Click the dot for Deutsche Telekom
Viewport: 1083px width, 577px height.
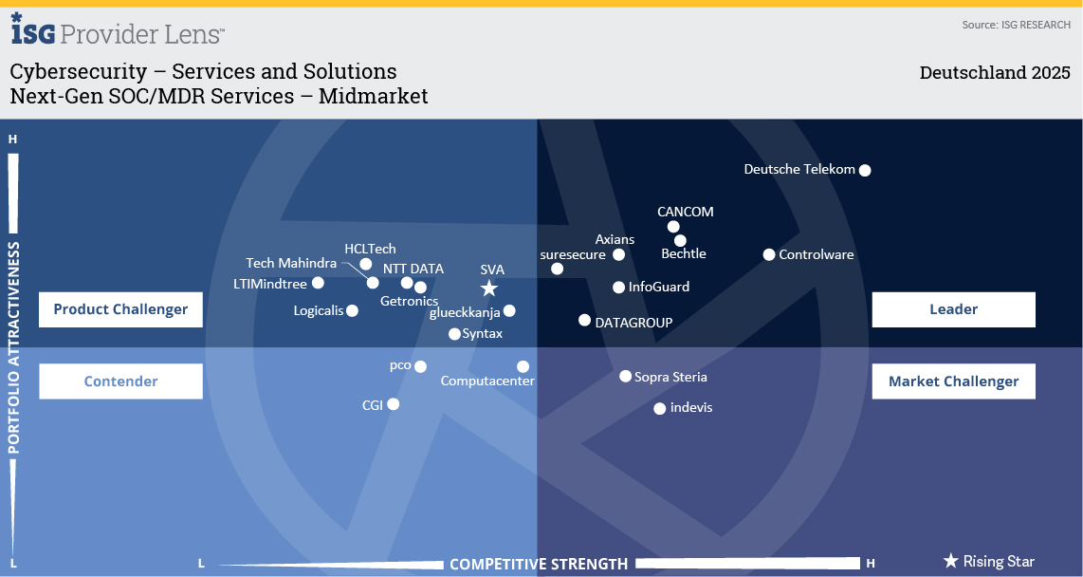(865, 170)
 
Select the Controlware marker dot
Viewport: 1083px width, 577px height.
(769, 255)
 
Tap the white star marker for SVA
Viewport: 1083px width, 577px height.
(489, 288)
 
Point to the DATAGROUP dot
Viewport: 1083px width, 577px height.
(584, 320)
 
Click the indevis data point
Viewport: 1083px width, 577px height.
(660, 408)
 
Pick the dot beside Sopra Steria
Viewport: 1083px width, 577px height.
(625, 377)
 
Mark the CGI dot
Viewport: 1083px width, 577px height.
(393, 404)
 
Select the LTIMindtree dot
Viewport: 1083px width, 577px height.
(318, 283)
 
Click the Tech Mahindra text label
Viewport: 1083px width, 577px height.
(291, 263)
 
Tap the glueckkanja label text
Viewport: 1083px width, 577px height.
(465, 313)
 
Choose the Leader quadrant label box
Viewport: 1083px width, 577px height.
(953, 309)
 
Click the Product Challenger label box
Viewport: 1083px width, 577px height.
(120, 309)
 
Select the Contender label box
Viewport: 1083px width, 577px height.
(120, 382)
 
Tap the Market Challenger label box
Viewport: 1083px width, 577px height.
(953, 382)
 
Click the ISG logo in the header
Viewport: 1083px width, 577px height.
(32, 29)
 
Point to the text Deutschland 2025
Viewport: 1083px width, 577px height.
(995, 72)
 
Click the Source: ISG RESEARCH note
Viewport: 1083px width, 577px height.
(1016, 25)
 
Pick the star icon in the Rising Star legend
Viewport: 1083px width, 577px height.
(951, 561)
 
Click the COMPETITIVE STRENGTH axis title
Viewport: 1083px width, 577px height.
(539, 565)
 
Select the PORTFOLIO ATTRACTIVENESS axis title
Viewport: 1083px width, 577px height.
(14, 347)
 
